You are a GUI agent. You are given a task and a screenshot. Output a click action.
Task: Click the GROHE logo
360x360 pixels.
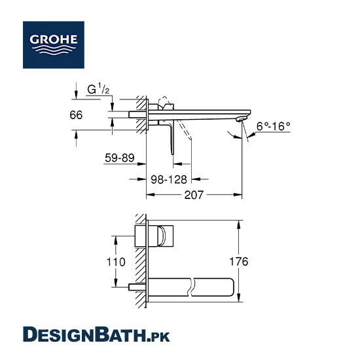[54, 45]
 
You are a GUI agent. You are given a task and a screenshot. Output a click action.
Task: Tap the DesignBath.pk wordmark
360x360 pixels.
[96, 334]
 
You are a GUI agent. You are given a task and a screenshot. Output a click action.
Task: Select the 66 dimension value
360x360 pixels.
[76, 115]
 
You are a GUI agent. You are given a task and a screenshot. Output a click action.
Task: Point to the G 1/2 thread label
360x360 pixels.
[98, 89]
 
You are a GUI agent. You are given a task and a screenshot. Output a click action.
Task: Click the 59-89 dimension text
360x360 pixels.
[119, 158]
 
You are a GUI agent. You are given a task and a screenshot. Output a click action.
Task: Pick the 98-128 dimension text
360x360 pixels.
[169, 179]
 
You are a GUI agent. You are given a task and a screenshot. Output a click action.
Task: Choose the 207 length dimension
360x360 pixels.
[194, 195]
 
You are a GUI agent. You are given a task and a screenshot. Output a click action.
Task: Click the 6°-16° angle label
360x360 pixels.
[273, 126]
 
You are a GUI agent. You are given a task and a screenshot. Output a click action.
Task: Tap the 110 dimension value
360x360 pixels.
[116, 262]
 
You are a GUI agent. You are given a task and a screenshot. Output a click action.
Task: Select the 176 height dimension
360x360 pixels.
[239, 261]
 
